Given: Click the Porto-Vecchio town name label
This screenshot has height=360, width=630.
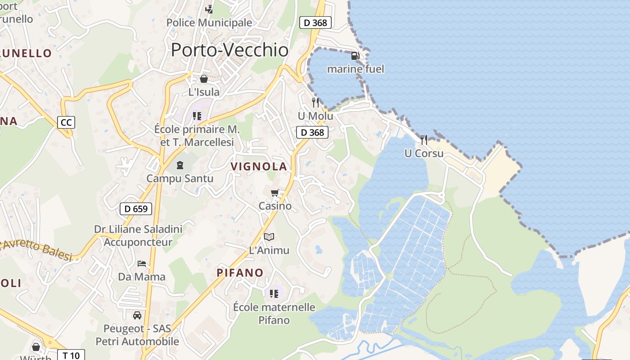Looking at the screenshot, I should pyautogui.click(x=229, y=49).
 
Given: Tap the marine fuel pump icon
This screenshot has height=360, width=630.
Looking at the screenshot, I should pyautogui.click(x=355, y=56).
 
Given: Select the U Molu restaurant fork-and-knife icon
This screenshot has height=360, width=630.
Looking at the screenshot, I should pyautogui.click(x=315, y=103).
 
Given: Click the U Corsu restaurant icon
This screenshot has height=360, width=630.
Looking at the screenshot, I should pyautogui.click(x=423, y=139).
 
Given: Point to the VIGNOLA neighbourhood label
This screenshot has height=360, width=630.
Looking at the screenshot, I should pyautogui.click(x=259, y=166).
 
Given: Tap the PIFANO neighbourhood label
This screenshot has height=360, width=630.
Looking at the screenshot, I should pyautogui.click(x=240, y=273).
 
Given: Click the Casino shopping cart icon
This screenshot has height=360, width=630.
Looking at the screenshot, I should pyautogui.click(x=275, y=193).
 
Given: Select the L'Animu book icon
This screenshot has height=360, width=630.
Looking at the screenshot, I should pyautogui.click(x=269, y=237).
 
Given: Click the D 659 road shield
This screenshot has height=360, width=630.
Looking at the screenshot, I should pyautogui.click(x=136, y=209).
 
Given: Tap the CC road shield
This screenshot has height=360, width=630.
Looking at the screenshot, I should pyautogui.click(x=66, y=122).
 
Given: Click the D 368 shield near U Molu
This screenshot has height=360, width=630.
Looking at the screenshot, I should pyautogui.click(x=312, y=132).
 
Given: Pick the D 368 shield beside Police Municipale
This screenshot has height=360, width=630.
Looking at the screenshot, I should pyautogui.click(x=315, y=22).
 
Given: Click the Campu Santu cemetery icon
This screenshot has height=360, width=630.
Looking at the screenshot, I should pyautogui.click(x=180, y=165).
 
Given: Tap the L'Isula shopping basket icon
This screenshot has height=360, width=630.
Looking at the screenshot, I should pyautogui.click(x=204, y=79).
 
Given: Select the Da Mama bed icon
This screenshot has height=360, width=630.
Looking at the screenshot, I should pyautogui.click(x=142, y=263).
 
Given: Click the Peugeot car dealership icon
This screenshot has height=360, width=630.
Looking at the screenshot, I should pyautogui.click(x=137, y=315).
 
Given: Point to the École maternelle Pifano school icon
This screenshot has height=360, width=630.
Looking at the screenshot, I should pyautogui.click(x=274, y=294).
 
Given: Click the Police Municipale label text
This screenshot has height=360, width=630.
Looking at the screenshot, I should pyautogui.click(x=209, y=22).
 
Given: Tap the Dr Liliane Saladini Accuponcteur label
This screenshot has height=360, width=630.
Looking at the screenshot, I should pyautogui.click(x=138, y=236).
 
